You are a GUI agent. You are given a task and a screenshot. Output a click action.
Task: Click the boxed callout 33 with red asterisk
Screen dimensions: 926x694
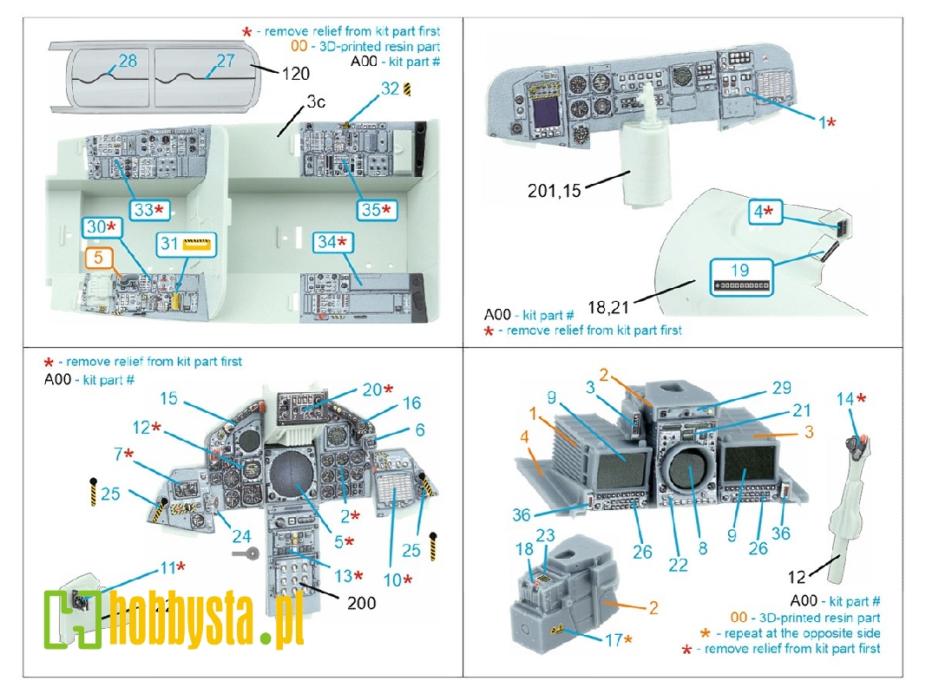coord(149,210)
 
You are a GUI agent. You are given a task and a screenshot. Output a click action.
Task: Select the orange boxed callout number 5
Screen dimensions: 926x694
coord(99,258)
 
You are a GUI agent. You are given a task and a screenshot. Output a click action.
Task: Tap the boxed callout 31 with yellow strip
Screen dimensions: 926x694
coord(186,244)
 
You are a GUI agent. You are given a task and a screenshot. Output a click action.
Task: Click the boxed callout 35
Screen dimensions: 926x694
coord(376,209)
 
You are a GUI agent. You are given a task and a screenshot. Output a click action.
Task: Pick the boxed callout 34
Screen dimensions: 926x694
coord(332,242)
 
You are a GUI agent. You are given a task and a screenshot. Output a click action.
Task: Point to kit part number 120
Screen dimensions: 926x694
coord(295,74)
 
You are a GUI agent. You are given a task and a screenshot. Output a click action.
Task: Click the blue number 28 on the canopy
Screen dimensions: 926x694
coord(128,61)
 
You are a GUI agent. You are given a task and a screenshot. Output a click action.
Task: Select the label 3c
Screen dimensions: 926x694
coord(316,102)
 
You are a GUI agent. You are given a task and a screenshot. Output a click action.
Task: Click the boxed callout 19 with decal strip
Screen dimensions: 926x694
coord(741,277)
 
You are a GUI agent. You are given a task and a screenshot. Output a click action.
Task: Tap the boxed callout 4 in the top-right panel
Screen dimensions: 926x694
coord(763,212)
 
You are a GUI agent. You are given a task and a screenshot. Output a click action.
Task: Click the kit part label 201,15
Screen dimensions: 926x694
coord(554,191)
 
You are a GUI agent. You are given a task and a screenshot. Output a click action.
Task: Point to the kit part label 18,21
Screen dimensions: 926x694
coord(608,307)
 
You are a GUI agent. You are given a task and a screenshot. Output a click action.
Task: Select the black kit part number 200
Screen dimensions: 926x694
coord(361,603)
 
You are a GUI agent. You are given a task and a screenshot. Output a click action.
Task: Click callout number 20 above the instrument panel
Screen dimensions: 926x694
coord(377,390)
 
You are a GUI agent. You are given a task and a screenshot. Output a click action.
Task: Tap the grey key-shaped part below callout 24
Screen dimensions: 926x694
coord(246,553)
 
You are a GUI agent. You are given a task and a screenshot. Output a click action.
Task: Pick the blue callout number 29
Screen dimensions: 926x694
coord(781,388)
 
